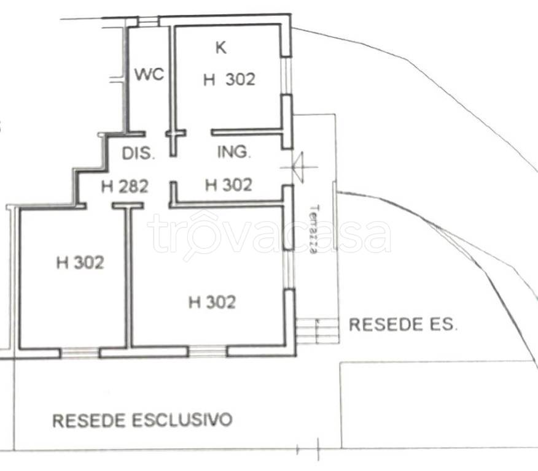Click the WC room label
point(149,74)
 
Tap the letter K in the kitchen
point(221,47)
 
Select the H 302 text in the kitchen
point(229,80)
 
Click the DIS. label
point(139,153)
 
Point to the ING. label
point(235,151)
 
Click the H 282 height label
point(125,186)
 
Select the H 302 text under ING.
point(228,185)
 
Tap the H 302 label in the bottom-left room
point(80,263)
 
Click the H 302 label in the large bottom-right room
point(212,302)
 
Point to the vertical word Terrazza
point(314,229)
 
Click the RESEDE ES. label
point(403,324)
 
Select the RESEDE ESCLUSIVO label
point(142,420)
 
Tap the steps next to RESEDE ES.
point(318,330)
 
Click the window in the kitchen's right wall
point(286,75)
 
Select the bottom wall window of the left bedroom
point(80,353)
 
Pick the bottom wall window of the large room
point(207,351)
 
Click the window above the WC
point(148,21)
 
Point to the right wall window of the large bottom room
point(289,270)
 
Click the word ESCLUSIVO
point(182,420)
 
